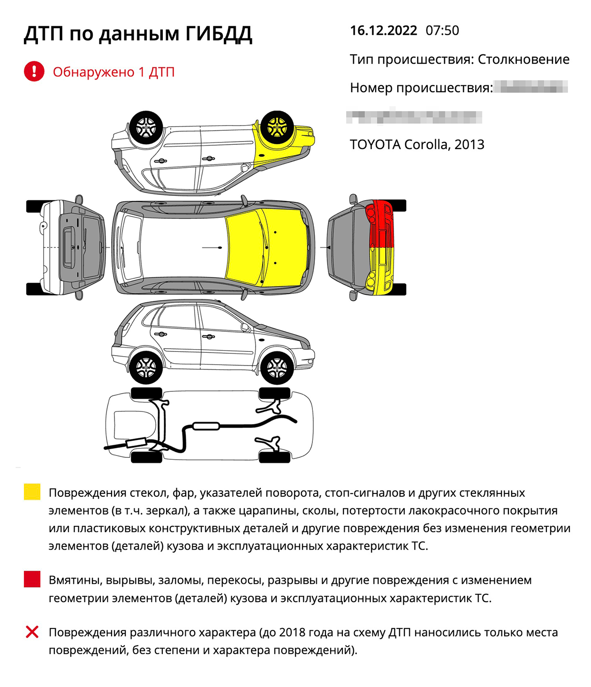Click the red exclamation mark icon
(34, 72)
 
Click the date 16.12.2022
(383, 31)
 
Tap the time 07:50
(442, 31)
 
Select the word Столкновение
(523, 60)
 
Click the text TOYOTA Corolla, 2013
(417, 144)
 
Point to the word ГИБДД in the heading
(219, 34)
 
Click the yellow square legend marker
(32, 492)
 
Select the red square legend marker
(32, 579)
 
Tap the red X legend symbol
(32, 632)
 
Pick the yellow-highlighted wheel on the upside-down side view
(277, 127)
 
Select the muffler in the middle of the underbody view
(206, 426)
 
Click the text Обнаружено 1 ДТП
(114, 72)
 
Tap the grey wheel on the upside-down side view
(146, 127)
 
